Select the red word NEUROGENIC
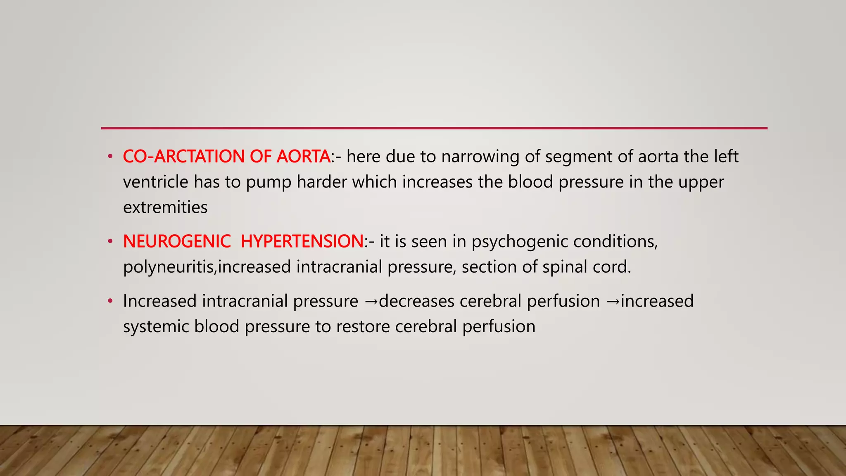coord(177,241)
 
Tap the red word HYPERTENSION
coord(302,241)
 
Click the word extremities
coord(165,207)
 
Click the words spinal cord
coord(587,267)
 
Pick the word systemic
coord(156,327)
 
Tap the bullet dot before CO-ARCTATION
coord(110,157)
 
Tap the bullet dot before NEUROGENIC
coord(110,242)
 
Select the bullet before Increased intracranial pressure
coord(110,301)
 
